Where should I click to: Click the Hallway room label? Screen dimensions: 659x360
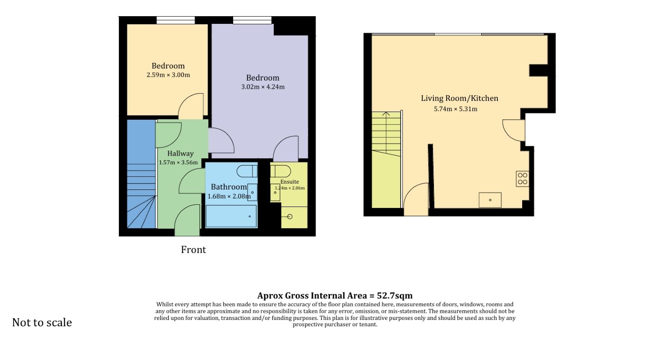click(181, 153)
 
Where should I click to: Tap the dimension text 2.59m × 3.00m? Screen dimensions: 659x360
click(168, 75)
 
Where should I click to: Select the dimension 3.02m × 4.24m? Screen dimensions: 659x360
click(263, 87)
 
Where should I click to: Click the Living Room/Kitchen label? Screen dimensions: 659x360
click(460, 98)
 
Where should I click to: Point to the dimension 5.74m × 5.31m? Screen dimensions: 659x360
click(456, 109)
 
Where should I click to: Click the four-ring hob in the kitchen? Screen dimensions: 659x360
click(523, 179)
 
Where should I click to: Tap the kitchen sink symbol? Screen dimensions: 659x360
click(490, 200)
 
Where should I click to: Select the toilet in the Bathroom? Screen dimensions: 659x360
click(247, 171)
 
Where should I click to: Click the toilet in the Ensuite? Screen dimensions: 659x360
click(281, 171)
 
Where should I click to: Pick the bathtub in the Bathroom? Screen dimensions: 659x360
click(231, 216)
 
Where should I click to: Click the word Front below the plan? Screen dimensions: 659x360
click(193, 250)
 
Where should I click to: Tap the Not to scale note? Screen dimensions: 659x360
click(42, 323)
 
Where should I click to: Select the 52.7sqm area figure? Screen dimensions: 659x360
click(395, 296)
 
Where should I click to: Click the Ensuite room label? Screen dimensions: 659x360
click(289, 182)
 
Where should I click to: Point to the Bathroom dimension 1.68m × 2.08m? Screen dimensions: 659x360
click(229, 197)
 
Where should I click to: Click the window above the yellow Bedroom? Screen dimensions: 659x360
click(176, 20)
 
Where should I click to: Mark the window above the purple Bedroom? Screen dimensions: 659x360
click(253, 20)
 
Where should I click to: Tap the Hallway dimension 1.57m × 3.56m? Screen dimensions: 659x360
click(178, 162)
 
